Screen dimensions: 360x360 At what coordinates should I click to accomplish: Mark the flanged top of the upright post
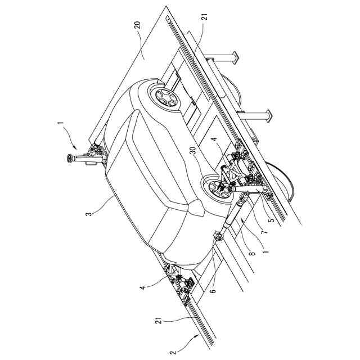(71, 159)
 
